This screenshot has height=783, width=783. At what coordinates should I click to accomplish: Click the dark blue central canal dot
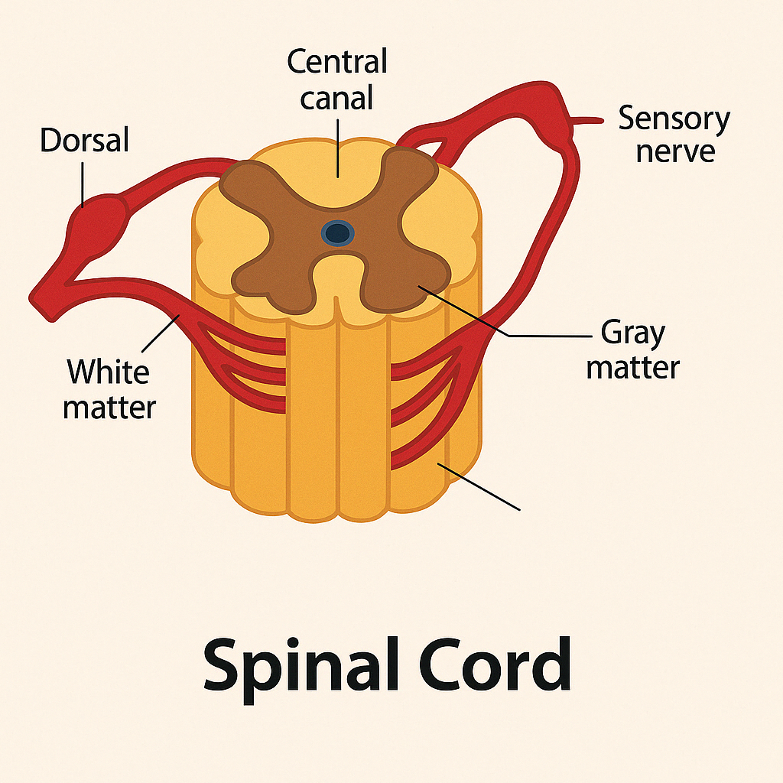pos(337,233)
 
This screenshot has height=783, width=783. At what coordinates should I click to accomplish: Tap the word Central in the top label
pos(337,61)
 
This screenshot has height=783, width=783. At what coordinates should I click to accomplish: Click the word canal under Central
pos(336,97)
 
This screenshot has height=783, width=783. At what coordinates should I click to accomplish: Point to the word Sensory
pos(674,120)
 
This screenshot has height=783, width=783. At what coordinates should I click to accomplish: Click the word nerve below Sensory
pos(675,151)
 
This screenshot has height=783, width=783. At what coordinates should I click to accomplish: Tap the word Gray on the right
pos(633,333)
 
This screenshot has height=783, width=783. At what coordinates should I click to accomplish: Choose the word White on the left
pos(109,371)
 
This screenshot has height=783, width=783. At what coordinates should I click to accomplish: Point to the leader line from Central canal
pos(338,148)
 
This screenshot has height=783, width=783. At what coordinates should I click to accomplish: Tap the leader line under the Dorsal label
pos(83,184)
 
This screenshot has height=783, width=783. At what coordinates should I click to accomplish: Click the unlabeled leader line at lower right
pos(479,487)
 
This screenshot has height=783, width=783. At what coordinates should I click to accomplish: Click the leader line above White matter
pos(161,333)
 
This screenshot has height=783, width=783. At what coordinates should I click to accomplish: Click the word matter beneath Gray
pos(632,368)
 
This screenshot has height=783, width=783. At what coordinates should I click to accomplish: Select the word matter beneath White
pos(109,408)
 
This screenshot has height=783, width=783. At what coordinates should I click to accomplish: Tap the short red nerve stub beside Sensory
pos(587,120)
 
